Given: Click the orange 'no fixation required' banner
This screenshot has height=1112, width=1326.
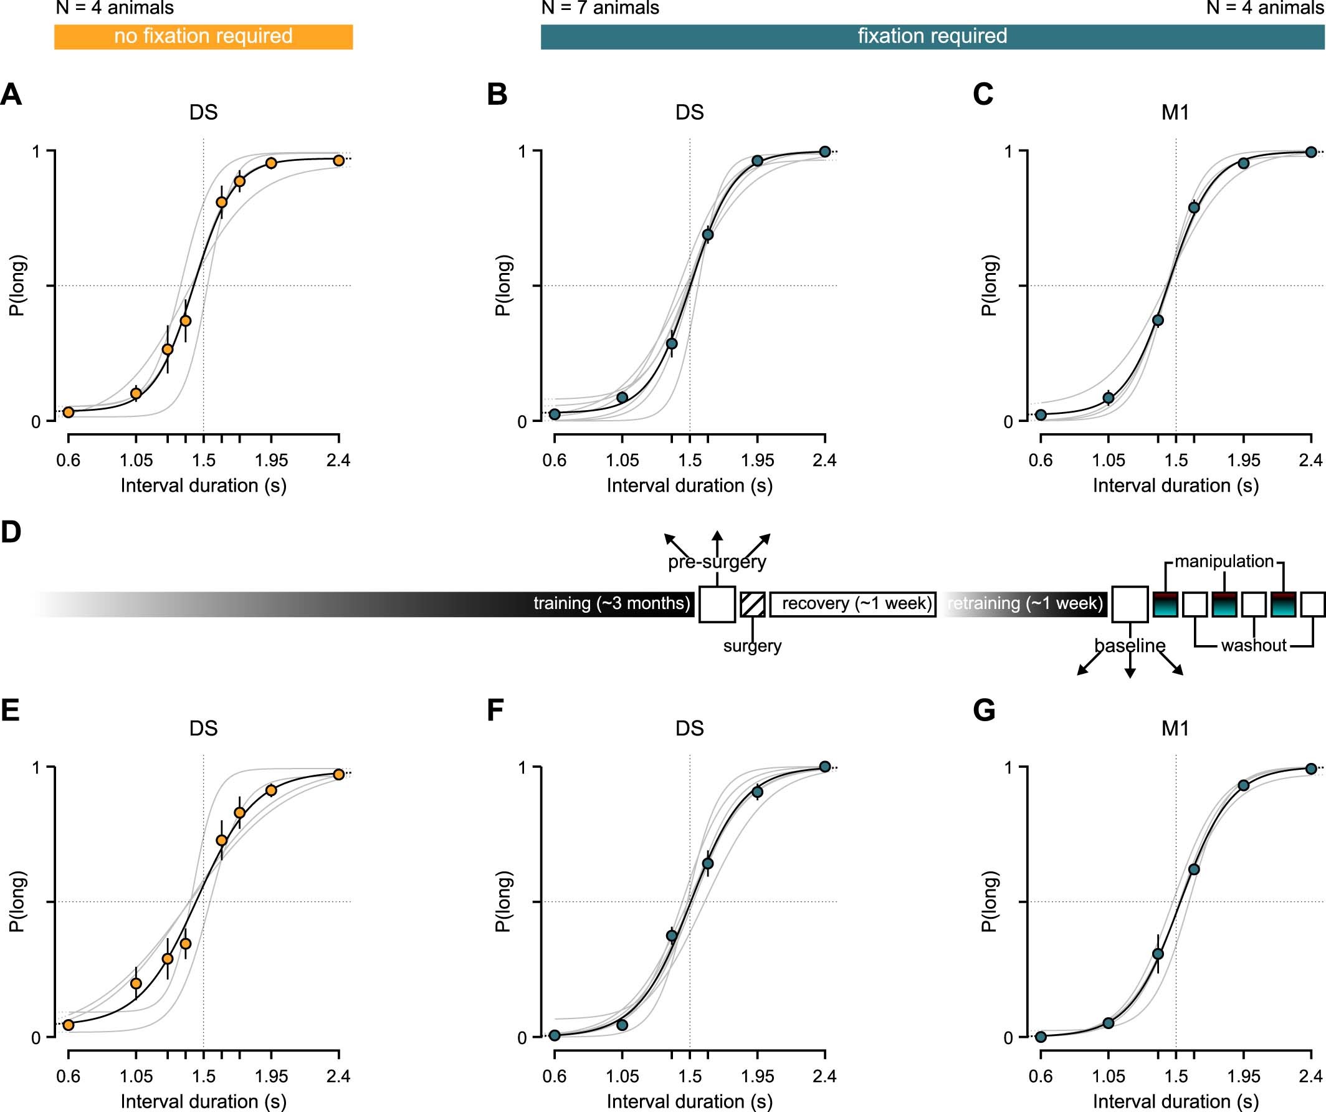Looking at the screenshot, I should coord(203,37).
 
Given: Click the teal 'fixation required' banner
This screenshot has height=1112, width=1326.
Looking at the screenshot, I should coord(932,37).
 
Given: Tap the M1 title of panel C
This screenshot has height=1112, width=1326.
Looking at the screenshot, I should coord(1175,112).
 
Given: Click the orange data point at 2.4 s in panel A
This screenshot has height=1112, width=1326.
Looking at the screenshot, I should coord(338,160).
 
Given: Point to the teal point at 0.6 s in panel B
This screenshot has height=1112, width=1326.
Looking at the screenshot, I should coord(555,415).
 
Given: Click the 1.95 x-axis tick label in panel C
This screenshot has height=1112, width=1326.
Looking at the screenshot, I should coord(1243,461).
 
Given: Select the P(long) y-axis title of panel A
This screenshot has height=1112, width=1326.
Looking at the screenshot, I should coord(17,285).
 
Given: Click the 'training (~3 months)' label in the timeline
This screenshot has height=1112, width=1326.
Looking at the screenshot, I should coord(611,603).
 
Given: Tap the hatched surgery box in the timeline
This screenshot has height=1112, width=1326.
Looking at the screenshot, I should coord(753,604).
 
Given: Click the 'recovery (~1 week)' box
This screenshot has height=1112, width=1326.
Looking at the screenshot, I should coord(853,603).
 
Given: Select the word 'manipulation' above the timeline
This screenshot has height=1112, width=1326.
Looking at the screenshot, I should coord(1224,561).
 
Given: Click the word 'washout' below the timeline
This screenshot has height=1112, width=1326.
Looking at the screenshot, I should coord(1253,645).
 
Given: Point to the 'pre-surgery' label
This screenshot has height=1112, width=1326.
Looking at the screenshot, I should coord(717,562).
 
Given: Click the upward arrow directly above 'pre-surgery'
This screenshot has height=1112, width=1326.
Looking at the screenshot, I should coord(717,539).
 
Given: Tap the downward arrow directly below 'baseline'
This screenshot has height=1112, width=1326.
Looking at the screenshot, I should coord(1130,669).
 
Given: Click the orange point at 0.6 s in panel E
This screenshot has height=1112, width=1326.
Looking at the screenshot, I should coord(68,1024).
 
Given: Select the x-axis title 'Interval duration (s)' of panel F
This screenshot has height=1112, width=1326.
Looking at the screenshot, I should coord(690,1101).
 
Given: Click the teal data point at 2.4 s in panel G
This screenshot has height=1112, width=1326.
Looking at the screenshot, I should coord(1311,769).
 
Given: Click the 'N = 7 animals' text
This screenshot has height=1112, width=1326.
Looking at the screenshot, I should coord(600,8).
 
